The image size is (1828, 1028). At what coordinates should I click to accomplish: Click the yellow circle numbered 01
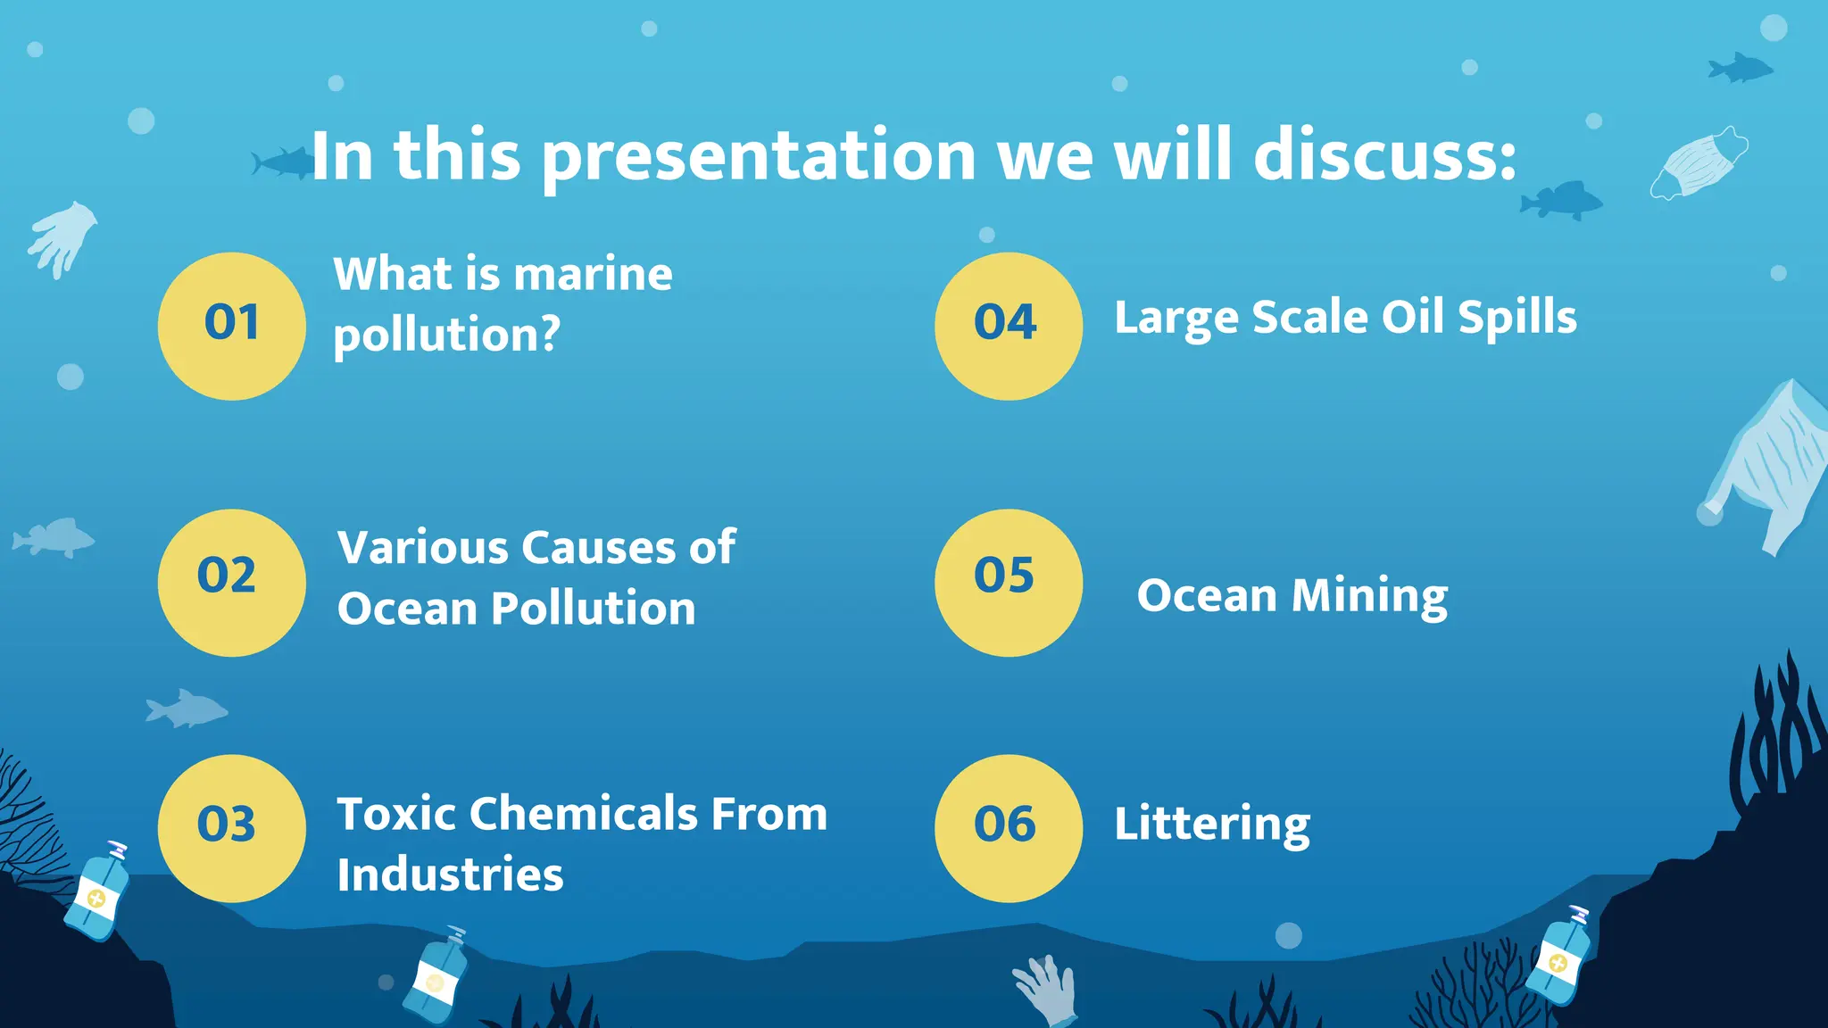pos(232,326)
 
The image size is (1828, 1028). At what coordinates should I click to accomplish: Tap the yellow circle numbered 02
pos(232,583)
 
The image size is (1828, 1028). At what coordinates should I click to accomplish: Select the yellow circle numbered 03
pos(232,828)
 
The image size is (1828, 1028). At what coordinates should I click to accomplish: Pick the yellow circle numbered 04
pos(1009,326)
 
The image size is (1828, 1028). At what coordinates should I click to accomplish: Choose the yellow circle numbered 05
pos(1009,583)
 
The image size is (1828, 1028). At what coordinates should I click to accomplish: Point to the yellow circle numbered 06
pos(1009,828)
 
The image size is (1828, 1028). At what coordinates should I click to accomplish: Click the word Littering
pos(1211,824)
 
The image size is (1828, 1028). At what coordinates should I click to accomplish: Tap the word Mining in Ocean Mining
pos(1369,596)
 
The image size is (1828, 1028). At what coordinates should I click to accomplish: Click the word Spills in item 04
pos(1517,318)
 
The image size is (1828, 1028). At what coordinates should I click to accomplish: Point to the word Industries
pos(450,875)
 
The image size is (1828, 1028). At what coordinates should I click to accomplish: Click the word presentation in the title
pos(759,157)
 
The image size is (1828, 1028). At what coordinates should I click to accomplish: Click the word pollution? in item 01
pos(446,336)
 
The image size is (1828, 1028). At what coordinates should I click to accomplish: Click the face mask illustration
pos(1699,163)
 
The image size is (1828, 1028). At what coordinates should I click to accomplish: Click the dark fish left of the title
pos(282,163)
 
